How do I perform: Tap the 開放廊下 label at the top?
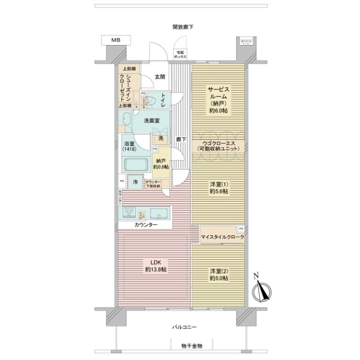pos(182,27)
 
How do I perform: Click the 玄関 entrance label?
pos(160,76)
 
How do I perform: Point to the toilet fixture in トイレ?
pos(151,99)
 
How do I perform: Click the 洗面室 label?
pos(151,121)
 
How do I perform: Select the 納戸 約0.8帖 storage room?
pos(160,164)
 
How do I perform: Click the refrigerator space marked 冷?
pos(136,182)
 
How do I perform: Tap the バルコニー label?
pos(182,327)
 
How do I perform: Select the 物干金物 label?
pos(182,346)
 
